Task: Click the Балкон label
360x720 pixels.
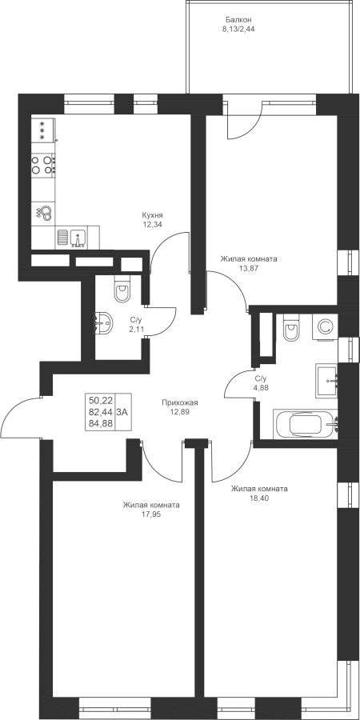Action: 238,20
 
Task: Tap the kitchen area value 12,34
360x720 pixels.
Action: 153,224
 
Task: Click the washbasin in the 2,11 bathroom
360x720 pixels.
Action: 103,323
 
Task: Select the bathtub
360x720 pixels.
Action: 306,424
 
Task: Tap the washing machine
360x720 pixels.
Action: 325,327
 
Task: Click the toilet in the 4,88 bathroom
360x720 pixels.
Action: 291,328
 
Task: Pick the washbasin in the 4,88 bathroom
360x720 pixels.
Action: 327,381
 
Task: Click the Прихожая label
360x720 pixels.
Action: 179,402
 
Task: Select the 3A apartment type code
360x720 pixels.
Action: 122,412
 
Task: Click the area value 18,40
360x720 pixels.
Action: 258,498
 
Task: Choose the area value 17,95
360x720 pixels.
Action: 151,514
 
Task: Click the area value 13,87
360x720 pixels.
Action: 249,267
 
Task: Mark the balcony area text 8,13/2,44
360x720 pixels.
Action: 238,28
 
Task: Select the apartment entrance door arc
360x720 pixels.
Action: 9,410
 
